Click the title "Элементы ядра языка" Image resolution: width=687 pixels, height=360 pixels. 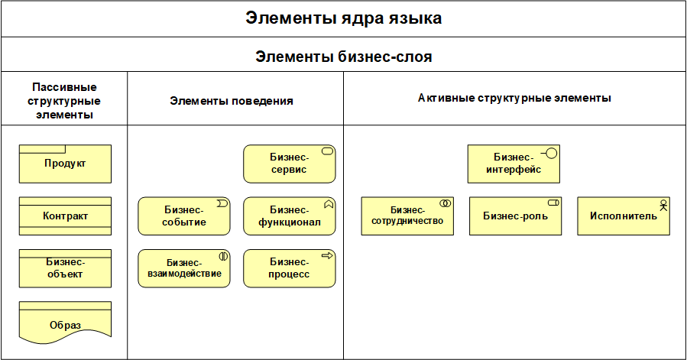click(x=343, y=18)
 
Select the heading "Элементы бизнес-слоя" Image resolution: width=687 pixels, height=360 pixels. click(x=343, y=57)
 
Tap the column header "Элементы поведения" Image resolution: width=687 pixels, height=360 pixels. click(x=232, y=100)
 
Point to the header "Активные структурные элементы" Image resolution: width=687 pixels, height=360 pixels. click(x=514, y=98)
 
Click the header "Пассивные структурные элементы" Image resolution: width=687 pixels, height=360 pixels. click(x=65, y=101)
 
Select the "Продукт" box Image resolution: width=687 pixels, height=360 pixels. click(x=65, y=164)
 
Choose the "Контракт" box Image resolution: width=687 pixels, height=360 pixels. click(x=65, y=216)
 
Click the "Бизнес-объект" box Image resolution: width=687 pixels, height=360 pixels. click(x=65, y=268)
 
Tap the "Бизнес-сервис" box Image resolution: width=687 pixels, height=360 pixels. click(x=289, y=164)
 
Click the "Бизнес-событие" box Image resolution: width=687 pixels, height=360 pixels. click(x=183, y=216)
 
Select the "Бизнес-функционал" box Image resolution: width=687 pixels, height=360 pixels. click(x=289, y=216)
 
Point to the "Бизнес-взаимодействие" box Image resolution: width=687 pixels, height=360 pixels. click(x=183, y=268)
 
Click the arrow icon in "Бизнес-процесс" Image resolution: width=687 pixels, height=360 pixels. click(x=328, y=256)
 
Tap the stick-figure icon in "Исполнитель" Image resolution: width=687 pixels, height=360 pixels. click(x=663, y=205)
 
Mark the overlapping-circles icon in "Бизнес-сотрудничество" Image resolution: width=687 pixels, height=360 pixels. click(x=446, y=204)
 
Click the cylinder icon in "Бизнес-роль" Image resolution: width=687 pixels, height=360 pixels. click(x=553, y=203)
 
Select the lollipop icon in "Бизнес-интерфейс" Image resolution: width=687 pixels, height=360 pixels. click(x=549, y=153)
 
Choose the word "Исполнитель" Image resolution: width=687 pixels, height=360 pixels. click(x=623, y=216)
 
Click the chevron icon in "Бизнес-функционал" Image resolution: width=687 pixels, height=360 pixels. click(x=328, y=204)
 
